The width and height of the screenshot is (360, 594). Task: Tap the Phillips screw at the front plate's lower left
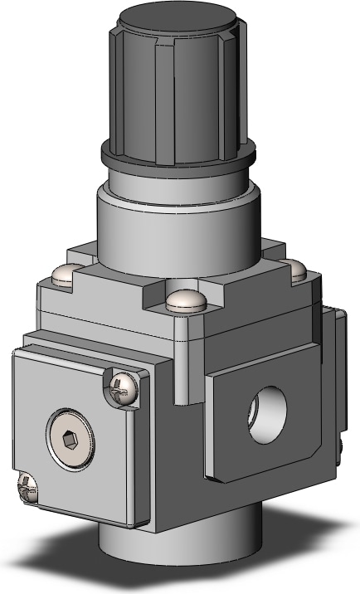pos(27,487)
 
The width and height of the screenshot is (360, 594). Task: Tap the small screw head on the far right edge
pos(340,448)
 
